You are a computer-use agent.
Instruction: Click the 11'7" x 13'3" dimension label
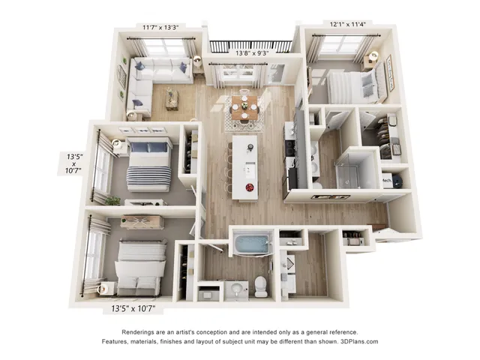click(160, 27)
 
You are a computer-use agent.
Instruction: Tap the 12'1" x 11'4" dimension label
click(348, 24)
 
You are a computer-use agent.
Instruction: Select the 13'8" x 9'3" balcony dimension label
click(252, 53)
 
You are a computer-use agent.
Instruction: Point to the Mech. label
click(387, 181)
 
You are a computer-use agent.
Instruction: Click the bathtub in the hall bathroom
click(252, 243)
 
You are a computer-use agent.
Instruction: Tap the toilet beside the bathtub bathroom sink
click(261, 286)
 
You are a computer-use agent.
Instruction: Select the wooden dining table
click(244, 108)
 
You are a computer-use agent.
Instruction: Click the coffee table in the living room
click(172, 98)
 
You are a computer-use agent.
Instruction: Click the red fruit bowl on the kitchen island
click(250, 187)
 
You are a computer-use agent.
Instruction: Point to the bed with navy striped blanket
click(148, 164)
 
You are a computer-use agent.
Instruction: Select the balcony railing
click(250, 46)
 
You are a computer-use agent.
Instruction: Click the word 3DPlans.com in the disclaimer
click(359, 341)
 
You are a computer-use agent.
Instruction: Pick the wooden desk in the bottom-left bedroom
click(142, 222)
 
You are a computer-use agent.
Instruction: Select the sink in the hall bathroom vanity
click(236, 288)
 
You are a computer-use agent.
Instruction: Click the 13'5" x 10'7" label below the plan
click(133, 308)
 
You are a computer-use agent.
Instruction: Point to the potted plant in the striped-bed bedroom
click(113, 201)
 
